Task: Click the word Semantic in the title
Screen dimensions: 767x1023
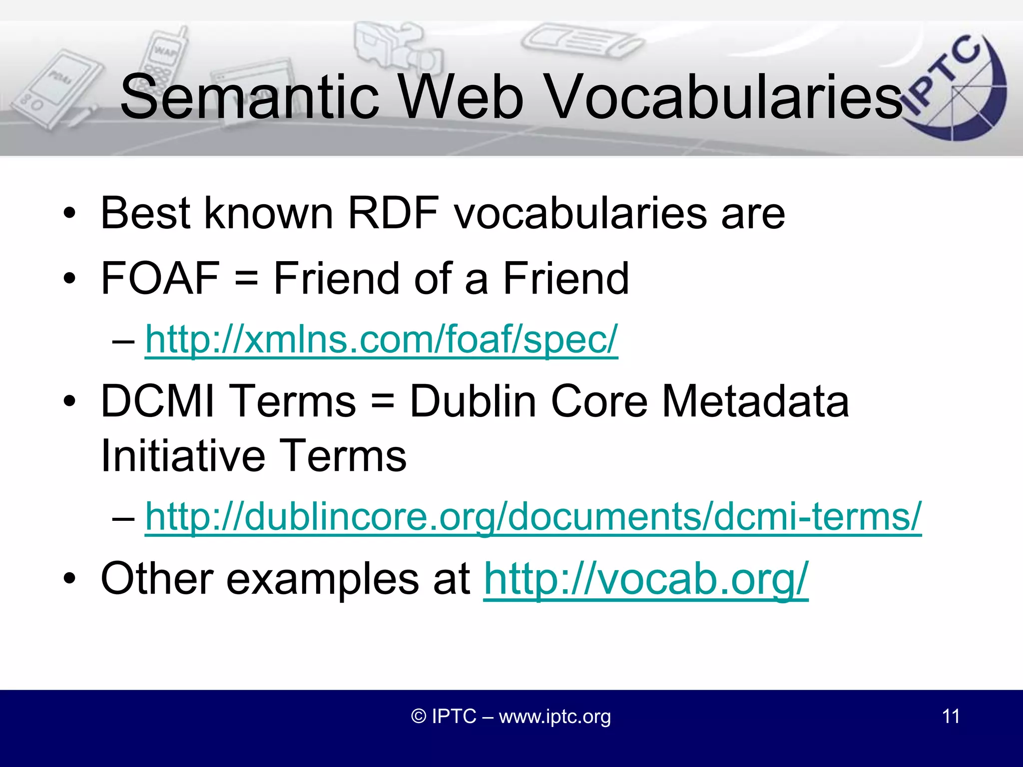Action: coord(250,97)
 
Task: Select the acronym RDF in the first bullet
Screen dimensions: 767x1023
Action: coord(393,213)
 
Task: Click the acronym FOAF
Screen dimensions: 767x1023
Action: coord(160,278)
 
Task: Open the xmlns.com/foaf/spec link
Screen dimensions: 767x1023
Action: coord(381,340)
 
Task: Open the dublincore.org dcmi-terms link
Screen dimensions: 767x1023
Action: coord(533,516)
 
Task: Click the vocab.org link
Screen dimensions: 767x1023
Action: coord(645,579)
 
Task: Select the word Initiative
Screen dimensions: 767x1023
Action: coord(182,455)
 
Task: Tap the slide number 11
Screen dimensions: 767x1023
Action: coord(951,717)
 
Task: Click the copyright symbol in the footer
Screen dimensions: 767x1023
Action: coord(418,717)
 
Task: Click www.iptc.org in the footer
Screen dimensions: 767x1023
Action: coord(554,717)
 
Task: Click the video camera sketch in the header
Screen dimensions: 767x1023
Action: coord(395,47)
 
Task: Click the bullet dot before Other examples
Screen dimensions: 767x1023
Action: coord(69,579)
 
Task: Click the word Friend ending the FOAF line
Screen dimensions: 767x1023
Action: coord(565,278)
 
